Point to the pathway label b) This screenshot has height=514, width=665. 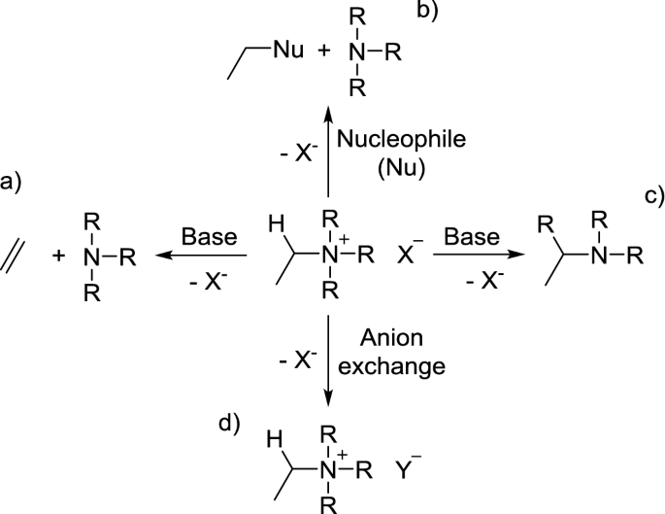(427, 12)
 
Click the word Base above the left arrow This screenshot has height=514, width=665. (210, 236)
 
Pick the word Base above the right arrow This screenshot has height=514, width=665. (471, 236)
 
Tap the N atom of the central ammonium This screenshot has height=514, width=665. (330, 257)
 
